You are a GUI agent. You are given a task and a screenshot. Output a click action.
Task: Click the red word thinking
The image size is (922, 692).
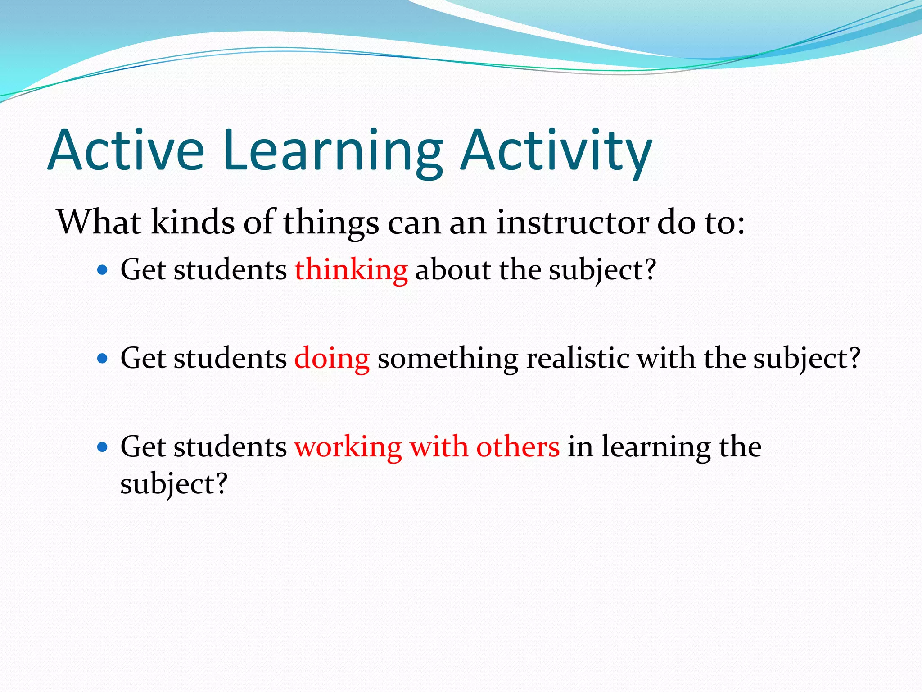pos(351,270)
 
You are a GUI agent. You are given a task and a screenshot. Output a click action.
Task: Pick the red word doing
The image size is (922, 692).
pos(332,359)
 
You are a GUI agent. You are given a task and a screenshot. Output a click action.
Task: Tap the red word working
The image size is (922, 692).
pos(348,447)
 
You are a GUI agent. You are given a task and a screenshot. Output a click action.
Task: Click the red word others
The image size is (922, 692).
pos(518,447)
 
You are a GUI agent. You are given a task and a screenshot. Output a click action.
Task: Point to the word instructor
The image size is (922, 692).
pos(572,223)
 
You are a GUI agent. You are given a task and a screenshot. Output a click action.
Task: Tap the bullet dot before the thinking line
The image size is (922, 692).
pos(103,270)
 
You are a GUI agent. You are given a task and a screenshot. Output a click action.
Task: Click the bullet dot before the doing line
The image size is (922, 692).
pos(103,359)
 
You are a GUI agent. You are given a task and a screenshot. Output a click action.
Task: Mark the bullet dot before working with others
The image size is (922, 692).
pos(103,447)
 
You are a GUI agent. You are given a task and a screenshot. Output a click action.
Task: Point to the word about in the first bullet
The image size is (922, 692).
pos(453,270)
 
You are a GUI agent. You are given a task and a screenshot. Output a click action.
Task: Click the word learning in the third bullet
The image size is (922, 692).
pos(656,447)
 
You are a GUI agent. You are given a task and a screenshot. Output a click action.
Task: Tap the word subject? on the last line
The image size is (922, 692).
pos(174,484)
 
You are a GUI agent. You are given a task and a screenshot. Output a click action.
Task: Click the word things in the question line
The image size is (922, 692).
pos(331,223)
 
